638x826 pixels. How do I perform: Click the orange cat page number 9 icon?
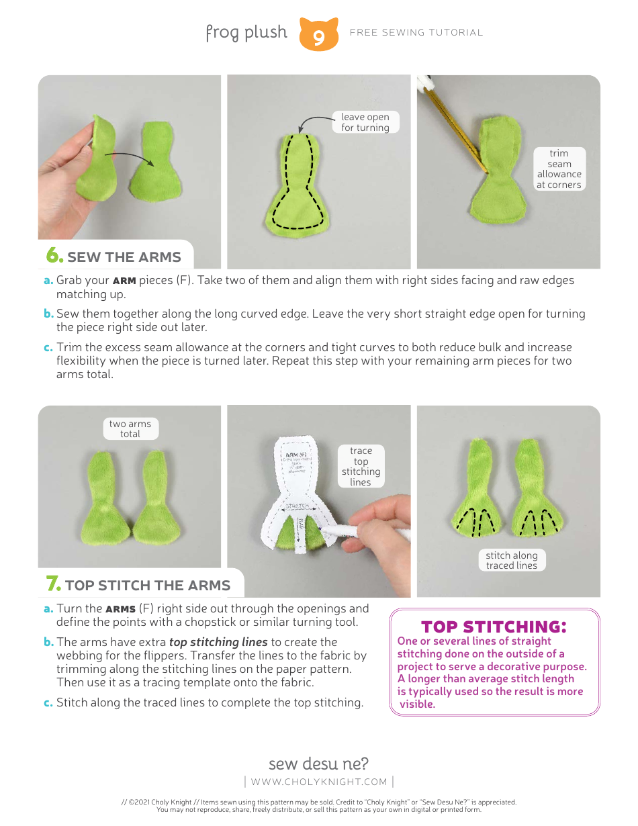point(318,35)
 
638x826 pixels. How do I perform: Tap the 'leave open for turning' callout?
point(365,122)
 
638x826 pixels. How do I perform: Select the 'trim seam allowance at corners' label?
point(559,169)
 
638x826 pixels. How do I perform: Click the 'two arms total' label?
point(130,429)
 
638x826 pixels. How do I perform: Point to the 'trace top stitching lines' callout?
point(361,466)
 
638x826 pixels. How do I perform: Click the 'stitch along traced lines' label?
point(512,560)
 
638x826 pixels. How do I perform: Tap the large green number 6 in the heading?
point(54,256)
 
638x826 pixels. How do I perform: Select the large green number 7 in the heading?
point(53,584)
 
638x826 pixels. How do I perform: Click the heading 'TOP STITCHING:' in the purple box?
point(494,627)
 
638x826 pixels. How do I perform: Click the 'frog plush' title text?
point(246,32)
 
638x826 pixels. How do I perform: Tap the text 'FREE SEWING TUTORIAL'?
point(416,32)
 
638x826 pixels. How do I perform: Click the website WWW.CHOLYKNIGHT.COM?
point(319,782)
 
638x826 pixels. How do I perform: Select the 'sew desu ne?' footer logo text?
point(318,764)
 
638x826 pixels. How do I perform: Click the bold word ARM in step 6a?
point(124,281)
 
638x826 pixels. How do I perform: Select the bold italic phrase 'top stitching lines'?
point(218,642)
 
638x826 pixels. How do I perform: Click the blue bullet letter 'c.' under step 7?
point(48,703)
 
